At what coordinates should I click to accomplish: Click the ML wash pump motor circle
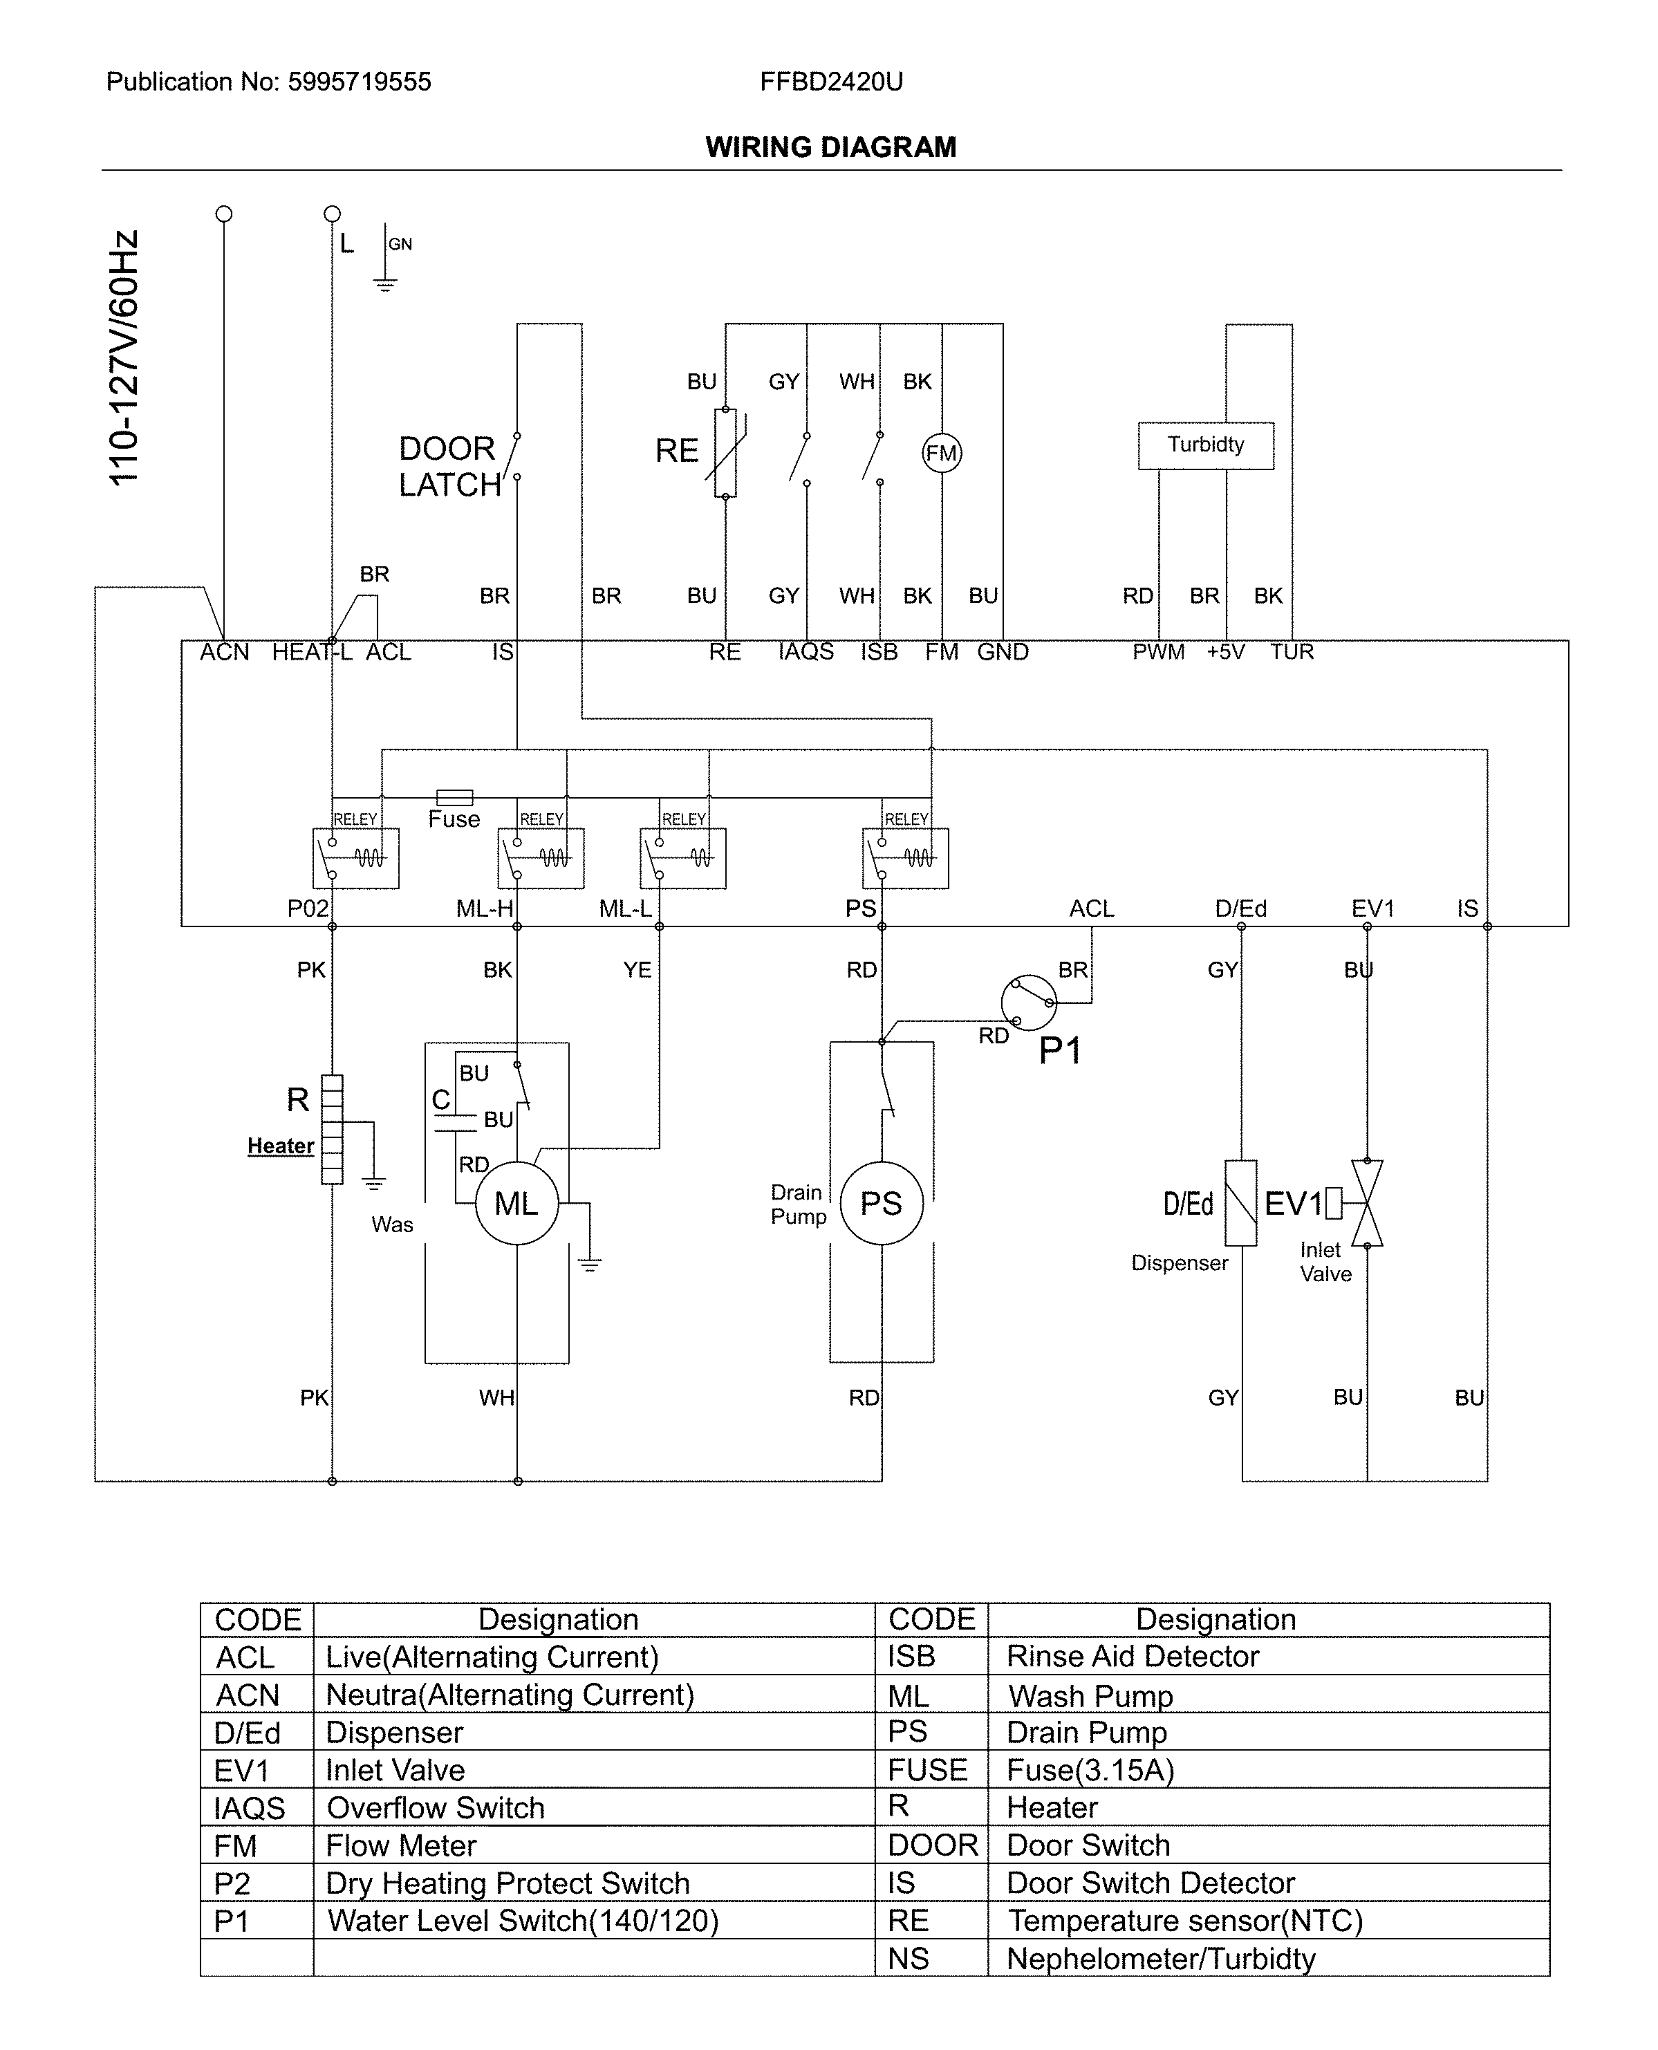coord(516,1203)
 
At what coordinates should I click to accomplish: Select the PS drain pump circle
coord(881,1203)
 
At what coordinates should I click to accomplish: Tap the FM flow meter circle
coord(942,454)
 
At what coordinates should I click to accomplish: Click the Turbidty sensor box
coord(1205,445)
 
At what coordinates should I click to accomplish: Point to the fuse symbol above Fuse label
coord(455,797)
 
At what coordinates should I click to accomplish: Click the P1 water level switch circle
coord(1029,1003)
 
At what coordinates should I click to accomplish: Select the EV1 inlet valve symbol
coord(1367,1203)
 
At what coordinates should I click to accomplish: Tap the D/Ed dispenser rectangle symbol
coord(1240,1203)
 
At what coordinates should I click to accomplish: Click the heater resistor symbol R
coord(331,1128)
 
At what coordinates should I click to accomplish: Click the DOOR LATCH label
coord(449,467)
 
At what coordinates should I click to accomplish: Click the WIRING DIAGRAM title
coord(830,147)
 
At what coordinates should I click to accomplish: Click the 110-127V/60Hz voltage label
coord(124,358)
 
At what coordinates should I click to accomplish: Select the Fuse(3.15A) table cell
coord(1090,1770)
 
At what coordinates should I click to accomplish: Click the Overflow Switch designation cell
coord(436,1807)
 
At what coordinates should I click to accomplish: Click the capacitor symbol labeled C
coord(455,1122)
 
